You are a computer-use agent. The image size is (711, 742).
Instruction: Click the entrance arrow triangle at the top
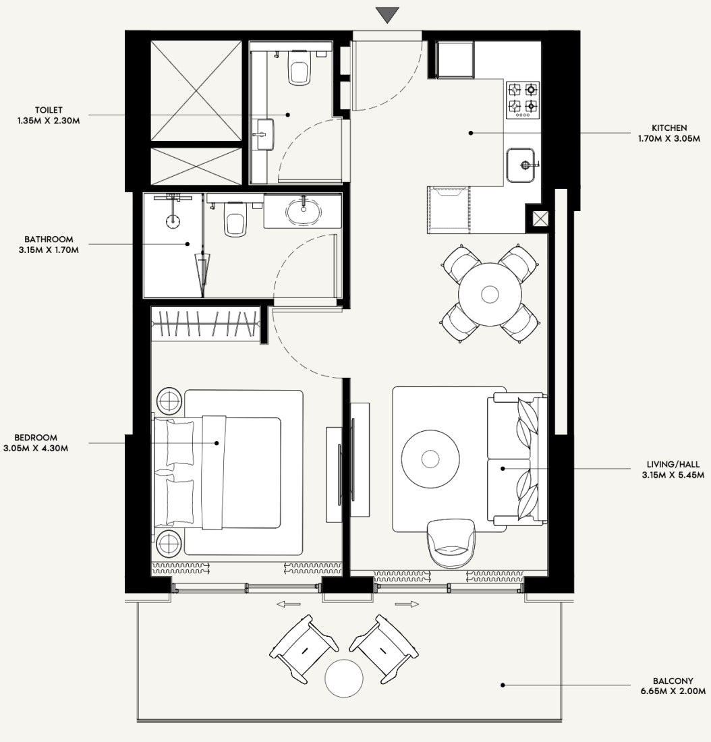click(x=388, y=14)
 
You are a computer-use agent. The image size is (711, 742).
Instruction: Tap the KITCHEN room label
click(x=669, y=127)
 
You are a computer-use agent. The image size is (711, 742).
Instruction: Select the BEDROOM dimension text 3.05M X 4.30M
click(x=36, y=448)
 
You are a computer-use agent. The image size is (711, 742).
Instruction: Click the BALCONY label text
click(x=673, y=681)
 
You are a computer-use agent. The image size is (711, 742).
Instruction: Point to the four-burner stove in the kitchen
click(x=523, y=100)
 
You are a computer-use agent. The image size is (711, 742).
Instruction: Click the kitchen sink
click(x=521, y=165)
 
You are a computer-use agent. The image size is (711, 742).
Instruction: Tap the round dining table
click(x=490, y=294)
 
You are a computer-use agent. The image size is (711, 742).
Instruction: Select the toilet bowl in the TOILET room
click(x=299, y=67)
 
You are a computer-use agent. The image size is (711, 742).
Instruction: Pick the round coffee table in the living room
click(x=430, y=459)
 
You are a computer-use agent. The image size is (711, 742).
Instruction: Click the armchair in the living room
click(x=451, y=543)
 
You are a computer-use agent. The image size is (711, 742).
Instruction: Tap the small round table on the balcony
click(x=344, y=679)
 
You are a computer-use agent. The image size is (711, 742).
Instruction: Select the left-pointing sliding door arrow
click(x=288, y=604)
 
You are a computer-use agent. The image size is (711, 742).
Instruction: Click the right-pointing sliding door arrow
click(x=407, y=604)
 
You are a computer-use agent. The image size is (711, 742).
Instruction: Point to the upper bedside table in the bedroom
click(x=169, y=401)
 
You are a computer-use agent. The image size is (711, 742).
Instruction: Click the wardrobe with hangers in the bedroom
click(x=206, y=324)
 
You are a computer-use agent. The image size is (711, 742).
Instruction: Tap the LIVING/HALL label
click(x=673, y=465)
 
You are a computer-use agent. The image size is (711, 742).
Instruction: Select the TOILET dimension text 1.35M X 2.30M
click(x=49, y=121)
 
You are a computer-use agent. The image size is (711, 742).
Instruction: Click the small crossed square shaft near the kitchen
click(x=540, y=219)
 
